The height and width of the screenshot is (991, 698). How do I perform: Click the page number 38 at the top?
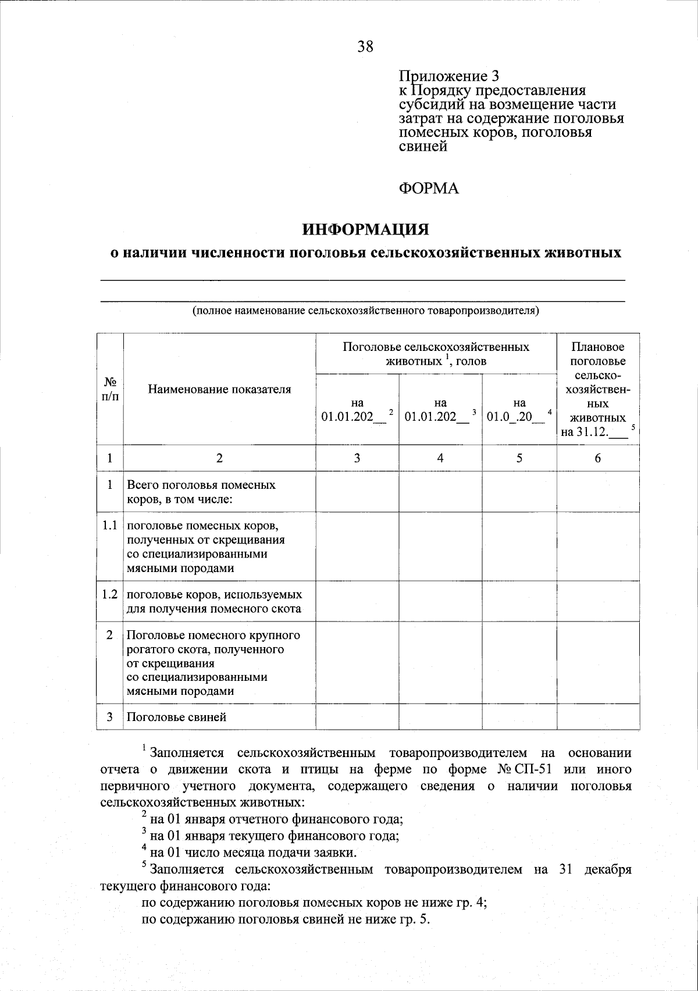coord(365,47)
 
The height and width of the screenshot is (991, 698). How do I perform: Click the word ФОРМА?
coord(429,189)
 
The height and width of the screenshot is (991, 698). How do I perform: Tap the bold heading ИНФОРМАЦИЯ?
coord(365,229)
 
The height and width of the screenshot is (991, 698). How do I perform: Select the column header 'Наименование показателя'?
coord(219,389)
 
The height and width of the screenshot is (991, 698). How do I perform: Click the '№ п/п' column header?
coord(110,389)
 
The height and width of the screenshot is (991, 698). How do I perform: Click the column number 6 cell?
coord(598,458)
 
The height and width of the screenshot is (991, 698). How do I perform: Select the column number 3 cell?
coord(357,458)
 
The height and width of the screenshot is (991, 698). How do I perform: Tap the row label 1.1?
coord(110,525)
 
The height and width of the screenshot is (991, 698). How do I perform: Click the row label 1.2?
coord(110,595)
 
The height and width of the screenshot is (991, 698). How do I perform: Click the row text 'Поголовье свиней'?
coord(176,717)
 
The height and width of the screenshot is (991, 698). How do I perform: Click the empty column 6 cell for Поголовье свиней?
coord(598,717)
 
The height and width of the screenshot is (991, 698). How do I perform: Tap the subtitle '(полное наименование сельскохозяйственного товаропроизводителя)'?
coord(366,311)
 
